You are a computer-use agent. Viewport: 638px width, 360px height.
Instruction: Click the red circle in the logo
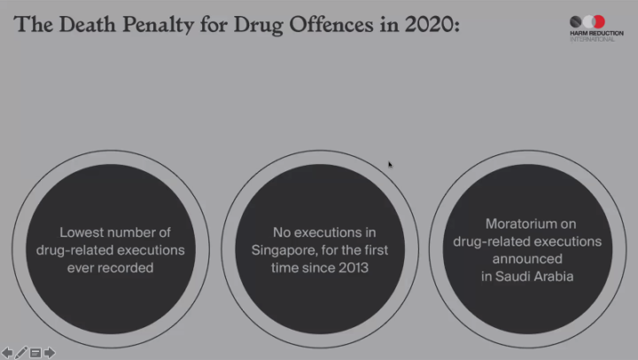point(598,21)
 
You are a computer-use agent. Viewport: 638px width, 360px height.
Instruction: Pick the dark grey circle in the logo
point(576,21)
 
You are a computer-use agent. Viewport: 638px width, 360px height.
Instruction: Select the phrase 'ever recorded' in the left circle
point(111,267)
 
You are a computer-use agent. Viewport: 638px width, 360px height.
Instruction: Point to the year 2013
point(341,267)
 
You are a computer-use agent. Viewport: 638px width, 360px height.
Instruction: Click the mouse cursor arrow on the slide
point(390,164)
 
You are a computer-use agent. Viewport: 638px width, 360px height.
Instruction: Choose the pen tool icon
point(21,352)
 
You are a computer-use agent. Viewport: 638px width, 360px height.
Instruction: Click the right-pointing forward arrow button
point(50,352)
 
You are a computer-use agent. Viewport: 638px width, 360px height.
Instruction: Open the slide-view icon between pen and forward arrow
point(35,352)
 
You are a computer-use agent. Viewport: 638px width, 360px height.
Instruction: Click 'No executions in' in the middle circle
point(317,232)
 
